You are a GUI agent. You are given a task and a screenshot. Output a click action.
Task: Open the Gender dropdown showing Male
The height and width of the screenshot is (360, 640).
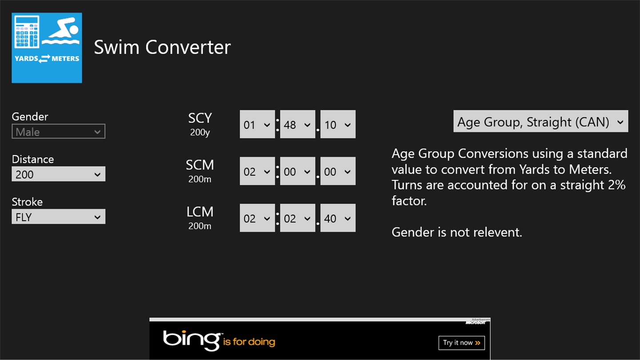(58, 132)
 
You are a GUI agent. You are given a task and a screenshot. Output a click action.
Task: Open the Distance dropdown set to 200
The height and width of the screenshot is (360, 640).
(58, 174)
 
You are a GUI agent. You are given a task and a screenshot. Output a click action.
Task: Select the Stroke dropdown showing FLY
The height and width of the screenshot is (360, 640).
(58, 216)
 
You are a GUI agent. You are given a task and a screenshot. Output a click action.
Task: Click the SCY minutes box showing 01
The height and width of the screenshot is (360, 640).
(257, 124)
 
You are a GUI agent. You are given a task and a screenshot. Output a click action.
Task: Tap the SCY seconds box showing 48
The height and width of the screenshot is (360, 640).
(297, 124)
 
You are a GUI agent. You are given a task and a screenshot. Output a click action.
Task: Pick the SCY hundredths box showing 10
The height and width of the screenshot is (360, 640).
(338, 124)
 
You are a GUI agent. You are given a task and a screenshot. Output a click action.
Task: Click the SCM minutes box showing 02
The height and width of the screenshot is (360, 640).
(257, 171)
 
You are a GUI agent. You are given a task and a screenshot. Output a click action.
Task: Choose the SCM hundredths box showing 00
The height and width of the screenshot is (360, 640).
(338, 171)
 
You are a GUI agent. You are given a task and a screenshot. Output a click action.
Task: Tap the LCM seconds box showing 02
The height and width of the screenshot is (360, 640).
(297, 218)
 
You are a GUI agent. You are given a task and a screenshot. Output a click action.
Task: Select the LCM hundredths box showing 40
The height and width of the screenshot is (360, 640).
(338, 218)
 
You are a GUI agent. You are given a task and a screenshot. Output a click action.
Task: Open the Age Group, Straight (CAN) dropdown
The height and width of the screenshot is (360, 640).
(540, 121)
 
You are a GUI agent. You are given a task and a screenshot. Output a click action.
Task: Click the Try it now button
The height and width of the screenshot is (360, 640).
(461, 343)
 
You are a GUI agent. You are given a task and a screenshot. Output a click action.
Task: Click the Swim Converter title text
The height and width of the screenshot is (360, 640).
(162, 47)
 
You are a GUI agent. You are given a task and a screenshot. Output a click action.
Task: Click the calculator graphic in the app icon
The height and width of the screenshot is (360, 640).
(27, 32)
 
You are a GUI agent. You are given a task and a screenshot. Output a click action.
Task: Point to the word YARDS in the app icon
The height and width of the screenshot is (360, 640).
(26, 59)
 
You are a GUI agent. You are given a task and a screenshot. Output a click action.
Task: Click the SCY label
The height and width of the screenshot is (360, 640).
(200, 118)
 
